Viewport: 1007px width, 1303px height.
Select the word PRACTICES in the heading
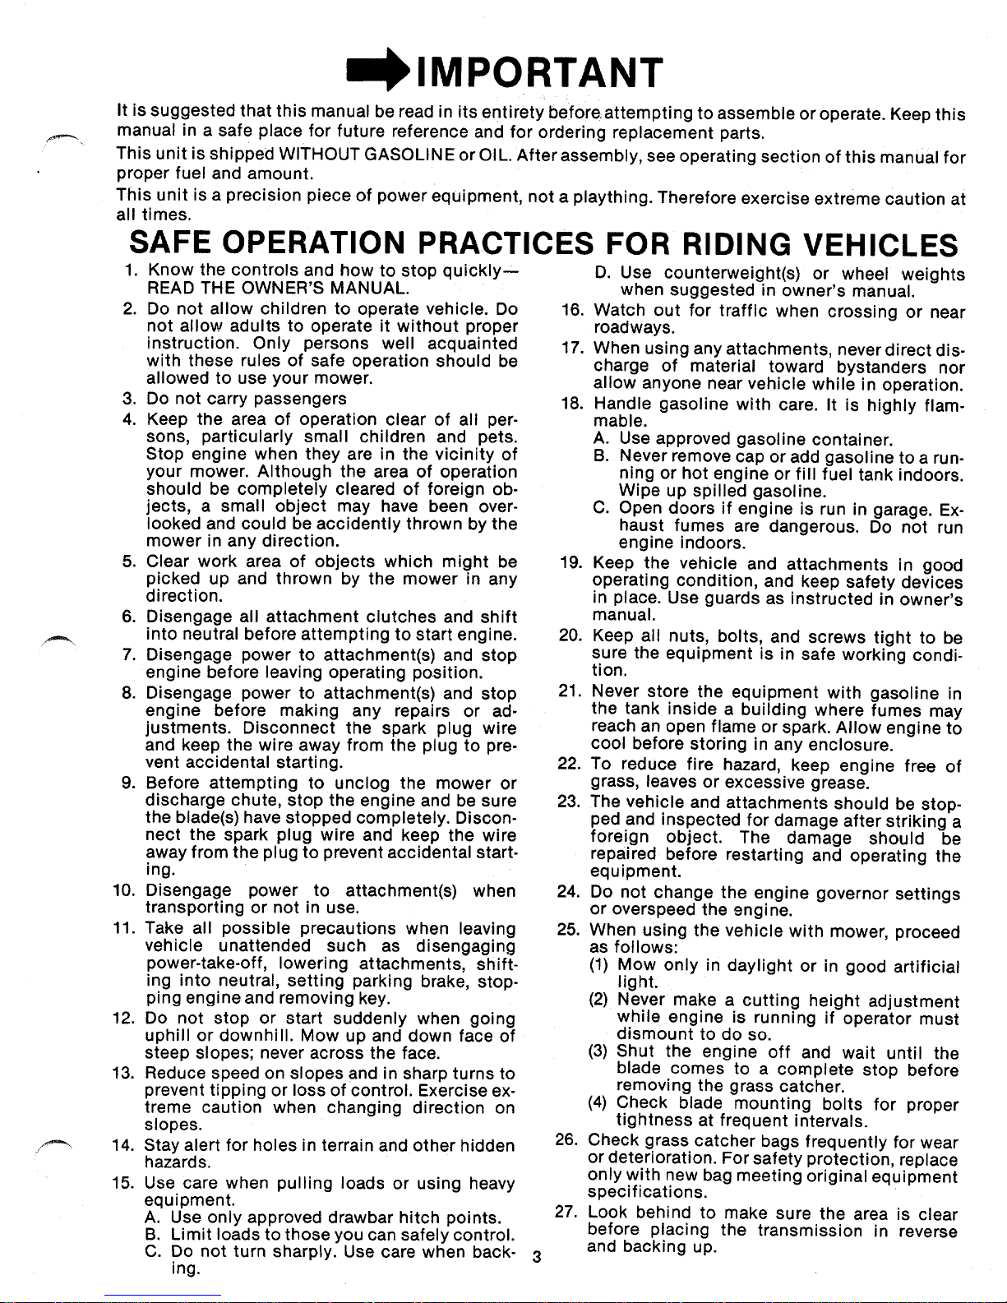507,244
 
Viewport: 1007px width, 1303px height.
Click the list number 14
129,1145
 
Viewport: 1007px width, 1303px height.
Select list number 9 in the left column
133,783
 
